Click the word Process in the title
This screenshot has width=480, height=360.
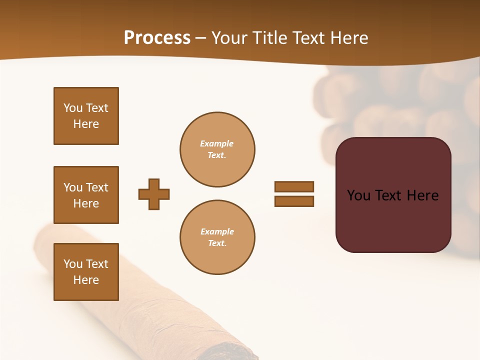157,38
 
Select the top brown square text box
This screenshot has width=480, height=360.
86,116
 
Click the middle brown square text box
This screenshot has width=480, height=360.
86,195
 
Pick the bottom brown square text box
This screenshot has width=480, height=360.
86,272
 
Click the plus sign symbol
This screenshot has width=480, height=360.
154,194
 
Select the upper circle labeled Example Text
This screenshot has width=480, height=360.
217,149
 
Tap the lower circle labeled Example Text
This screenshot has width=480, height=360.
217,237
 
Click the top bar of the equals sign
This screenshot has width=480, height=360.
294,186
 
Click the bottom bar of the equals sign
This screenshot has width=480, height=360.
294,201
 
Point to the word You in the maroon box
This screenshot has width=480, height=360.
358,195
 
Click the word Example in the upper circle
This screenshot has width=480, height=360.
217,143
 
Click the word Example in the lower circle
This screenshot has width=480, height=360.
217,231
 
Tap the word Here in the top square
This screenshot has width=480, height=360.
86,124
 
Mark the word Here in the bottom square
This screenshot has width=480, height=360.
86,280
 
